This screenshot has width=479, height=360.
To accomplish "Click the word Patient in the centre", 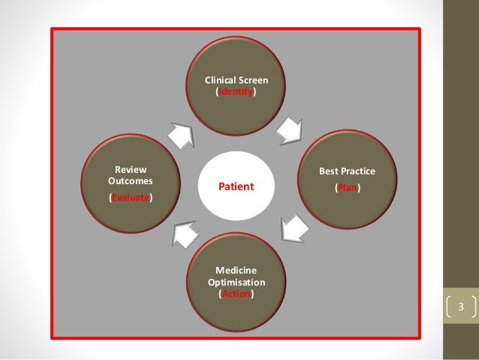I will click(236, 186).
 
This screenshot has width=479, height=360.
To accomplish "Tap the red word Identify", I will click(236, 91).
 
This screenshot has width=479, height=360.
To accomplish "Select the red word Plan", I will click(347, 189).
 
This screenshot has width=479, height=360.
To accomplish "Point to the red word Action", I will click(236, 295).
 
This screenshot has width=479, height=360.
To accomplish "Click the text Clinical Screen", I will click(236, 79).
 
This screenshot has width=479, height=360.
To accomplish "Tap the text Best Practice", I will click(347, 172).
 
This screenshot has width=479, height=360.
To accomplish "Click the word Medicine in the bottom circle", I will click(236, 270).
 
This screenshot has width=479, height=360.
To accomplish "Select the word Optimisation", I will click(236, 282).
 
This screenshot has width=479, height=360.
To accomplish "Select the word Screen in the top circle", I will click(254, 79).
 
